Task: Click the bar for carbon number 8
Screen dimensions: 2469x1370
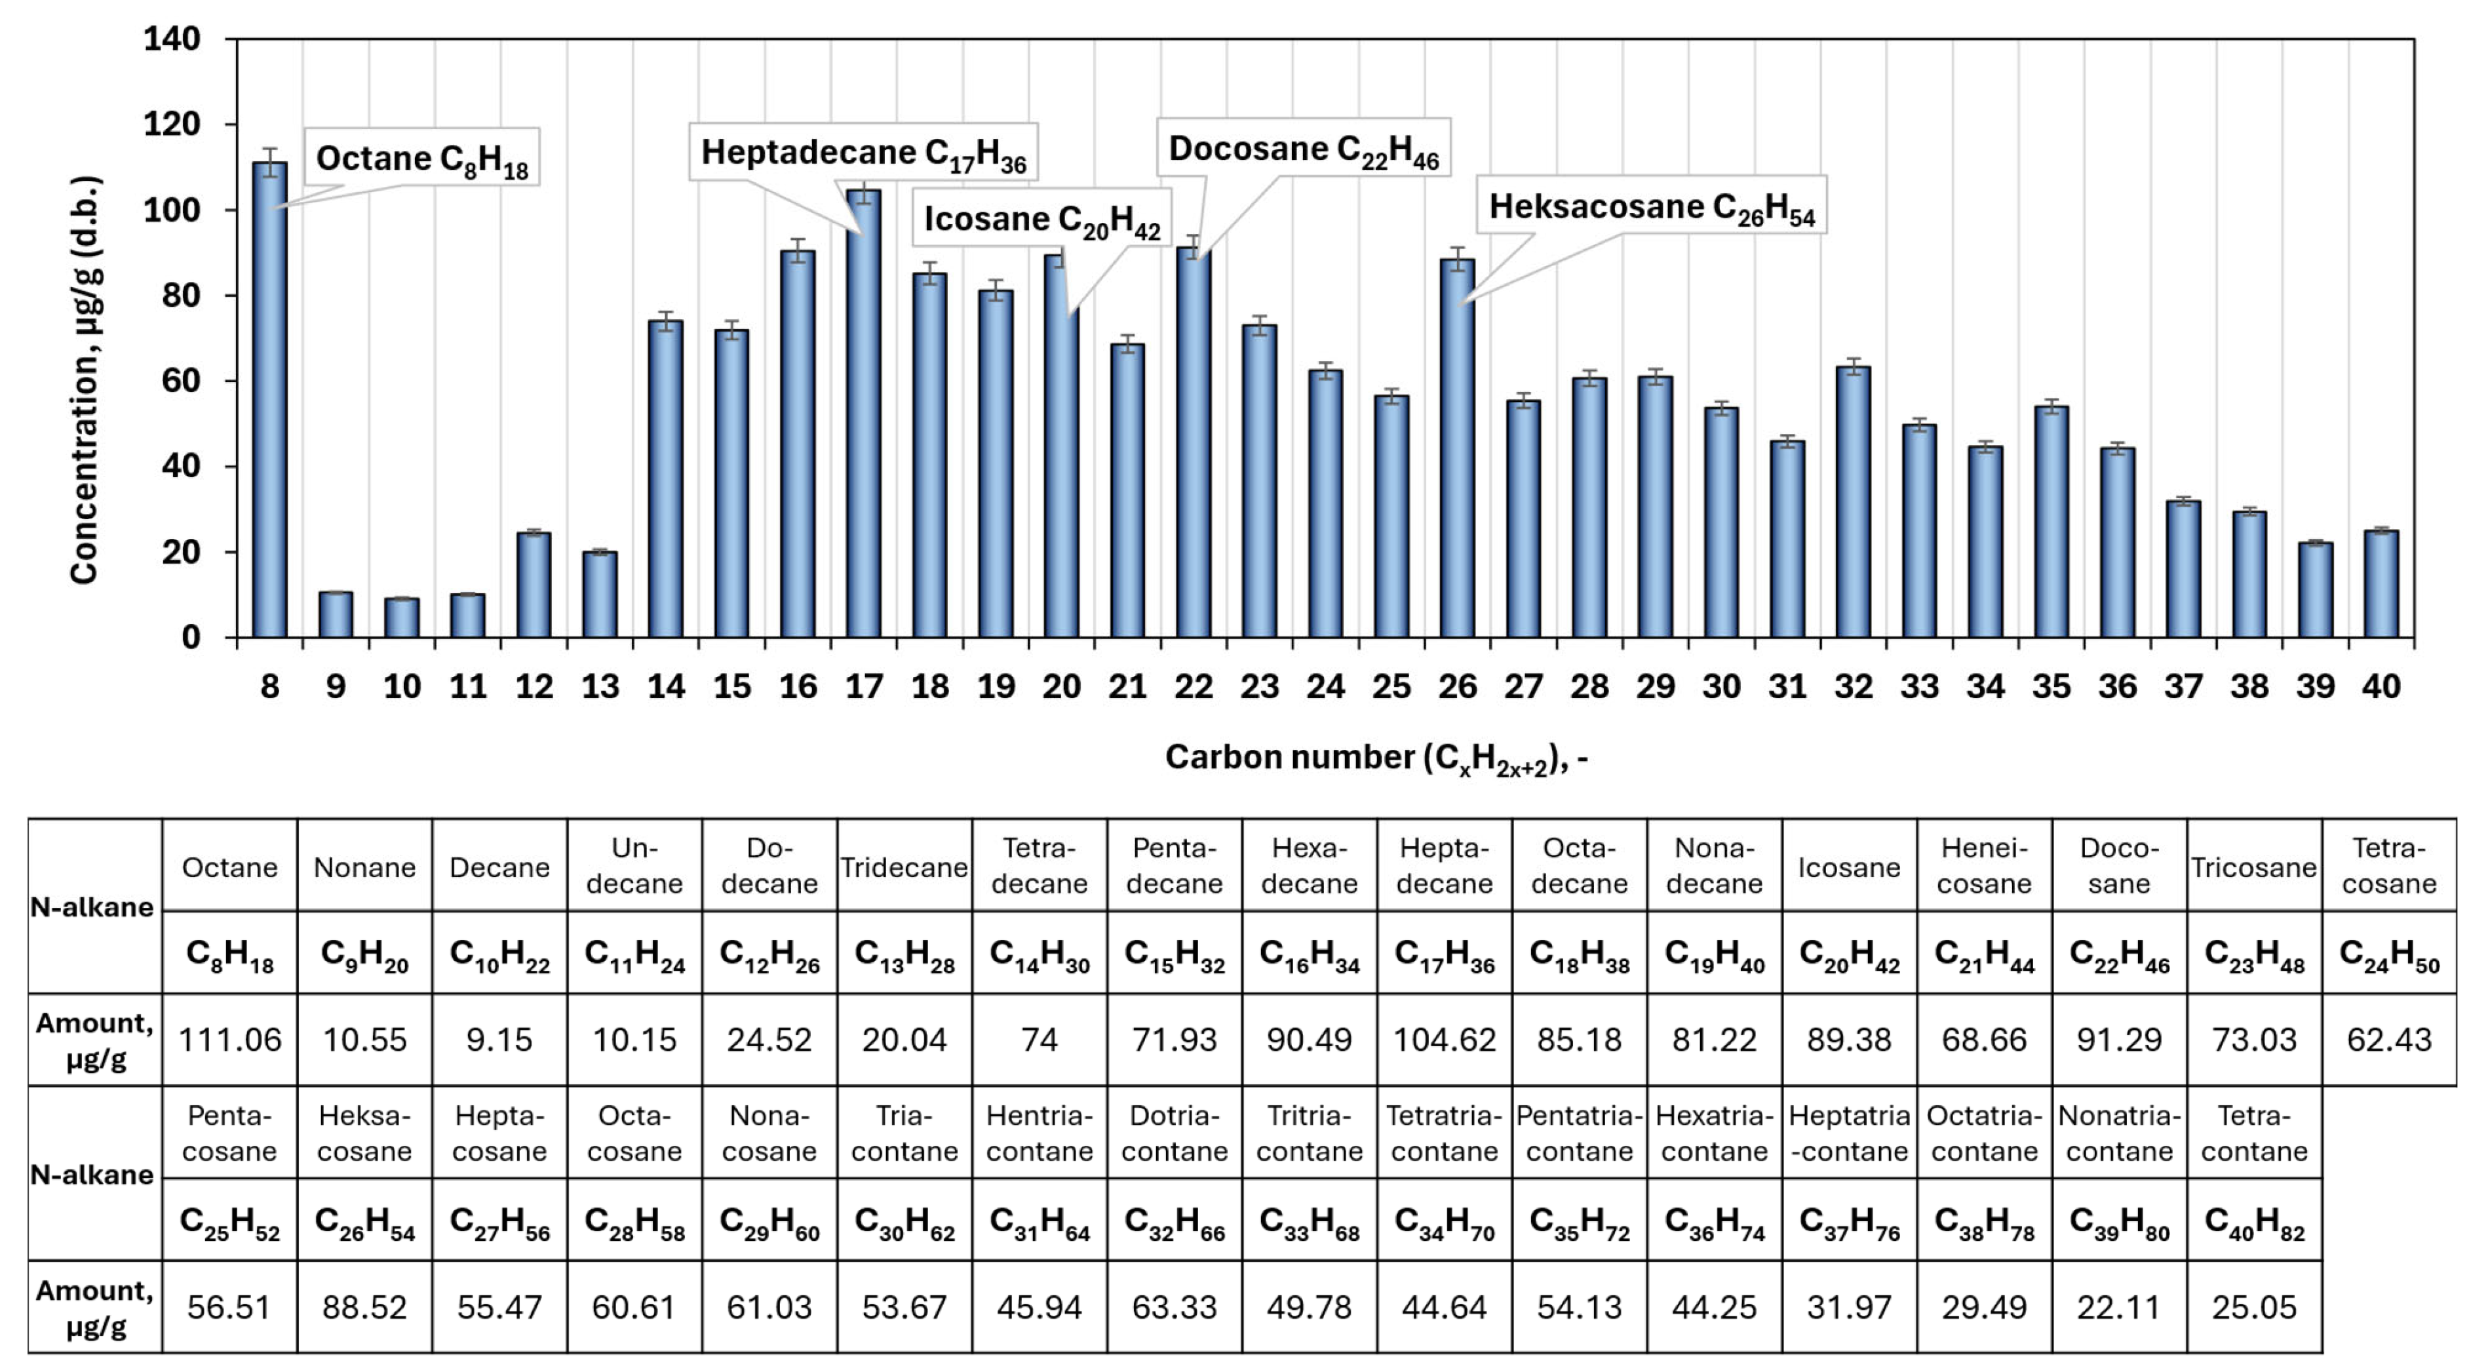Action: click(269, 400)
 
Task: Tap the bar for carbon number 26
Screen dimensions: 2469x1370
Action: click(1457, 448)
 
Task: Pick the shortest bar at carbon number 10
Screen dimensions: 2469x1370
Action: click(402, 617)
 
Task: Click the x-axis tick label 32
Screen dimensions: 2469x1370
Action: click(1854, 686)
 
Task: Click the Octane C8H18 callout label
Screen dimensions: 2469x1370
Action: click(421, 157)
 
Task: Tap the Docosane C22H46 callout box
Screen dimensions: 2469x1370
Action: click(1304, 147)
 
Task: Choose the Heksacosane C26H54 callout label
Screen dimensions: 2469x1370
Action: click(1652, 205)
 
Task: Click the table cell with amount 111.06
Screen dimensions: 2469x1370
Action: click(230, 1039)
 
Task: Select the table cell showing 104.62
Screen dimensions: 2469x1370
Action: click(1445, 1039)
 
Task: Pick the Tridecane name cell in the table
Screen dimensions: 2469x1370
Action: click(904, 867)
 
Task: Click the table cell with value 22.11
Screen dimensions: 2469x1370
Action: click(2119, 1306)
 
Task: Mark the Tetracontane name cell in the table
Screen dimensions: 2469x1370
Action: click(2254, 1133)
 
